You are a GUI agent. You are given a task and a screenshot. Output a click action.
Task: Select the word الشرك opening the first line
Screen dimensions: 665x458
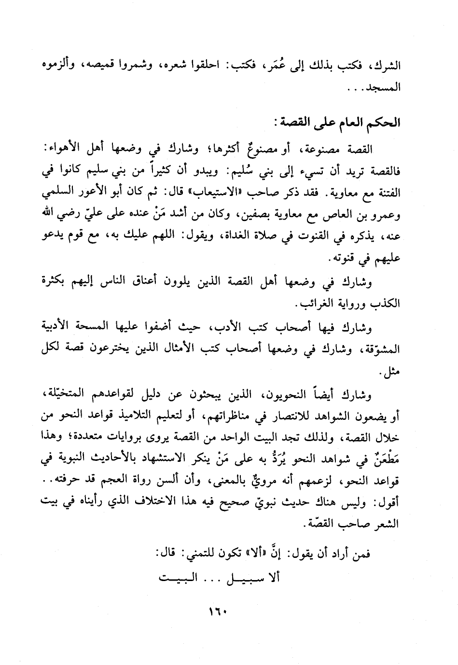389,66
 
